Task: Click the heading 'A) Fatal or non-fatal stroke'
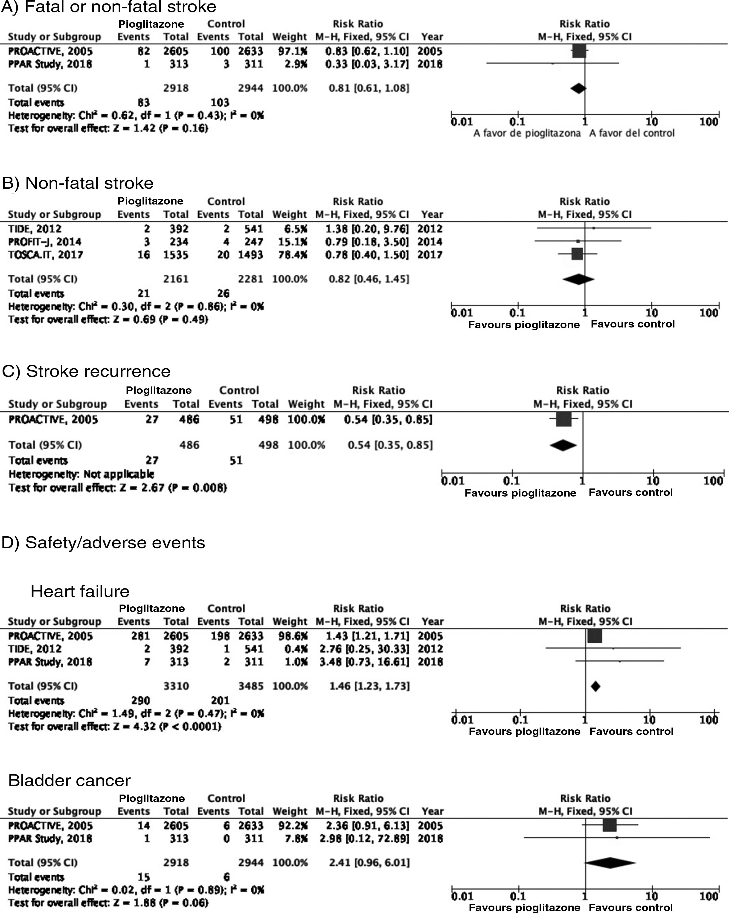coord(108,7)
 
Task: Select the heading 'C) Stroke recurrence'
coord(86,371)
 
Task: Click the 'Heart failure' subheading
coord(80,591)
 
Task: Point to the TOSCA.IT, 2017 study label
coord(46,255)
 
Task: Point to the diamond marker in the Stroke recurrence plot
coord(563,445)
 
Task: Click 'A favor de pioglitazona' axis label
coord(527,133)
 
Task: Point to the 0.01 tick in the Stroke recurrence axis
coord(452,481)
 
